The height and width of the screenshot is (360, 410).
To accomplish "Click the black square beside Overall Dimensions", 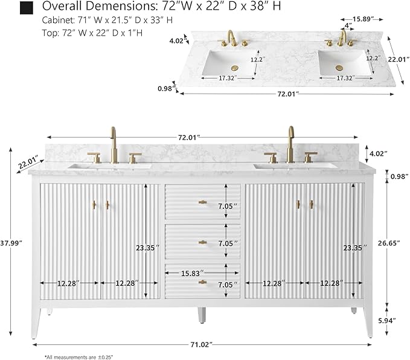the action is click(27, 8).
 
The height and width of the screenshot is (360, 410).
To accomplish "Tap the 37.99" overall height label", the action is click(11, 243).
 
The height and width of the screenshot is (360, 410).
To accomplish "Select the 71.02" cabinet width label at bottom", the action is click(200, 345).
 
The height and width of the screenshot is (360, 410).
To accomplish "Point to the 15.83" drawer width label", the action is click(192, 274).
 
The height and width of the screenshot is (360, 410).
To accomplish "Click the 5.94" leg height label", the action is click(386, 321).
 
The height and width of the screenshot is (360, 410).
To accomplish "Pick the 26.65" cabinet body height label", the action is click(389, 243).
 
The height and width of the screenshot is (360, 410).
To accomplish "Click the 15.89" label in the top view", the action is click(363, 19).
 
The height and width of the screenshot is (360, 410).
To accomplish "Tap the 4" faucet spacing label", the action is click(348, 25).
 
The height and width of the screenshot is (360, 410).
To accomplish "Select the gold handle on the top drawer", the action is click(202, 202).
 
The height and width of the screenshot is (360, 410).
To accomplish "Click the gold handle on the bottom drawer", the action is click(202, 282).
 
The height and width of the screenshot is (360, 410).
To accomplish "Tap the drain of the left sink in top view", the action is click(235, 68).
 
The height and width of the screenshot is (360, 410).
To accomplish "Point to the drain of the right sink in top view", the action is click(339, 68).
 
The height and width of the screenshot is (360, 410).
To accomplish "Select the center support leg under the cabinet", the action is click(202, 315).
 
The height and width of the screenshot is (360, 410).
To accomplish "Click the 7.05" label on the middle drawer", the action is click(228, 243).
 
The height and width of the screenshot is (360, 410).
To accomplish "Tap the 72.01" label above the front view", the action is click(189, 137).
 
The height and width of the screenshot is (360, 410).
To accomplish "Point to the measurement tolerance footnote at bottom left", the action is click(78, 357).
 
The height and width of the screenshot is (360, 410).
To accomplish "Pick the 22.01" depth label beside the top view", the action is click(398, 59).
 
